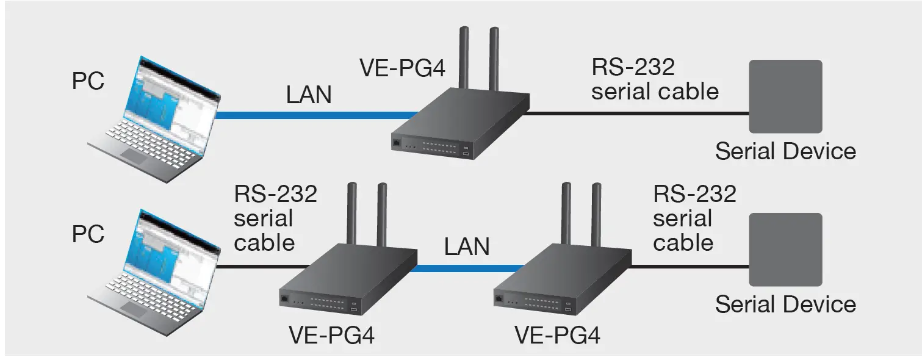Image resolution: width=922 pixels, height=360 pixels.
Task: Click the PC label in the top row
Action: (x=88, y=81)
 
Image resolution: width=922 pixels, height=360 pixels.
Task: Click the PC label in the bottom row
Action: (x=88, y=234)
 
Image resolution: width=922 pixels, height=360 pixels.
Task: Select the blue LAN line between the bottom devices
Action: (x=467, y=267)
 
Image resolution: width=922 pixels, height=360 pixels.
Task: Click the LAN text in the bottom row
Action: (x=467, y=247)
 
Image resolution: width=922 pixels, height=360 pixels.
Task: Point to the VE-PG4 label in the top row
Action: (x=402, y=68)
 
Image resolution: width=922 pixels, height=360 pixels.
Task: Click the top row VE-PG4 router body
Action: (x=458, y=122)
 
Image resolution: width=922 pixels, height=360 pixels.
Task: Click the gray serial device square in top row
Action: (x=785, y=96)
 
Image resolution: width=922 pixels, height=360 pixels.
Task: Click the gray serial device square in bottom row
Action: (x=785, y=249)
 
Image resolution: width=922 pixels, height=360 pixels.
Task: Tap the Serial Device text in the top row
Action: (x=785, y=151)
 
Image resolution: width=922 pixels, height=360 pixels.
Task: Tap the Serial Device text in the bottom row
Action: (x=785, y=304)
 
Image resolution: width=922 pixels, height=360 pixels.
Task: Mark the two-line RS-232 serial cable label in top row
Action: (x=655, y=79)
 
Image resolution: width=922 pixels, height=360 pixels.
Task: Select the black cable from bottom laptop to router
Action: (x=262, y=267)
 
